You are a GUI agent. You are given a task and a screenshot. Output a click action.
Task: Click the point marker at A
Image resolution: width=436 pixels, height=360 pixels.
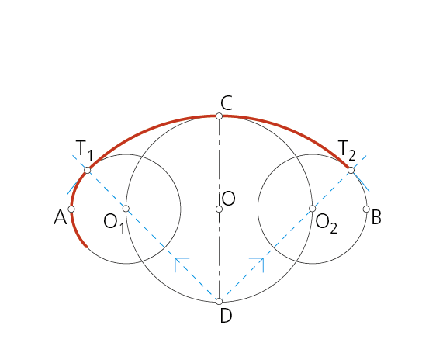71,209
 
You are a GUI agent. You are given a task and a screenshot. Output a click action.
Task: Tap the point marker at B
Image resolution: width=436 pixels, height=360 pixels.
366,209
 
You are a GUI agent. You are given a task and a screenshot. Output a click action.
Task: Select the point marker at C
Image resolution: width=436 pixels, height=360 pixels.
219,116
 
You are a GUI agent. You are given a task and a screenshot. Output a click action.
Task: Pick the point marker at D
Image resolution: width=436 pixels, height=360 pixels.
219,301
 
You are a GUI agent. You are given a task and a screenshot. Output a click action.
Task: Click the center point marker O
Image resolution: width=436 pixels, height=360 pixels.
219,209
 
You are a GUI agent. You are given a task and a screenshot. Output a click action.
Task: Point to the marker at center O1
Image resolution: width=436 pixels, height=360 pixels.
126,209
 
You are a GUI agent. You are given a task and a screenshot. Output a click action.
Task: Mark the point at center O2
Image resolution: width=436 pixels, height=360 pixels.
313,209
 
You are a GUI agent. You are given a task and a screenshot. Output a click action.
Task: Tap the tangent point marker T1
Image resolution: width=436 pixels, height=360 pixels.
88,170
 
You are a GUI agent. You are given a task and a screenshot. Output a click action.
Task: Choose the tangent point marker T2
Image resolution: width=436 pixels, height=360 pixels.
351,170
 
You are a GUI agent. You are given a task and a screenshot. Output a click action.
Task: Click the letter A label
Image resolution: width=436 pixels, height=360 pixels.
61,217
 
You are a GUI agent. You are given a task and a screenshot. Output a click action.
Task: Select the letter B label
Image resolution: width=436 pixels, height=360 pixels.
376,217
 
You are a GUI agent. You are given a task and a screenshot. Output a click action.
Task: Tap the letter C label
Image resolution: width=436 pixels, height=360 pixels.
227,103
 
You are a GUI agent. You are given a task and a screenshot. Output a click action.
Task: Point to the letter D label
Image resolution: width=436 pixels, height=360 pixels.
226,316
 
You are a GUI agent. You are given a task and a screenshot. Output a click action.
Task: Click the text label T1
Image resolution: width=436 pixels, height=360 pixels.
85,151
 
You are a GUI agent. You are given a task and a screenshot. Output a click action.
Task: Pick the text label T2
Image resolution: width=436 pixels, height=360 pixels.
347,151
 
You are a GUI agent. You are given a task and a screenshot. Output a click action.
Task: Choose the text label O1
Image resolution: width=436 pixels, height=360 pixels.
114,224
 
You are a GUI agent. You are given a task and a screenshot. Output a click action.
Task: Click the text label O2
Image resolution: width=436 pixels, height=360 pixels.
327,224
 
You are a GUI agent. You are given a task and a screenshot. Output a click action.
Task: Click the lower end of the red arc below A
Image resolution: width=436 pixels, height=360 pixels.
86,246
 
